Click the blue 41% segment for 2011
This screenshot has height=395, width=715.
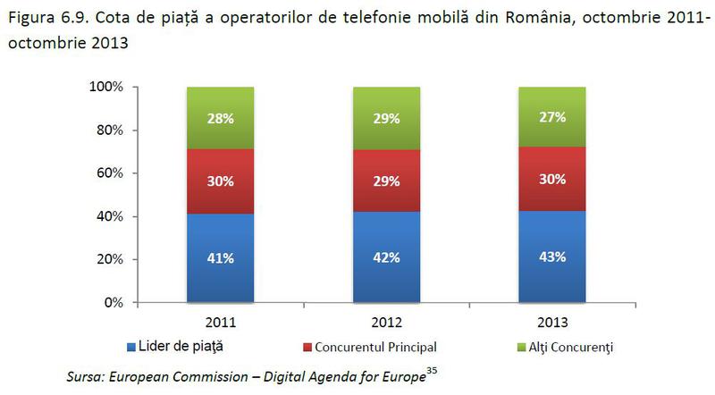pyautogui.click(x=221, y=258)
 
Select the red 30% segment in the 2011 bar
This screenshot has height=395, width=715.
pyautogui.click(x=221, y=181)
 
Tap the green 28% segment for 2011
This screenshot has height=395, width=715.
pyautogui.click(x=221, y=119)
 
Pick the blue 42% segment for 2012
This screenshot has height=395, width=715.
pyautogui.click(x=387, y=257)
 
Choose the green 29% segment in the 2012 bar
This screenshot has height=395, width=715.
pyautogui.click(x=387, y=119)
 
